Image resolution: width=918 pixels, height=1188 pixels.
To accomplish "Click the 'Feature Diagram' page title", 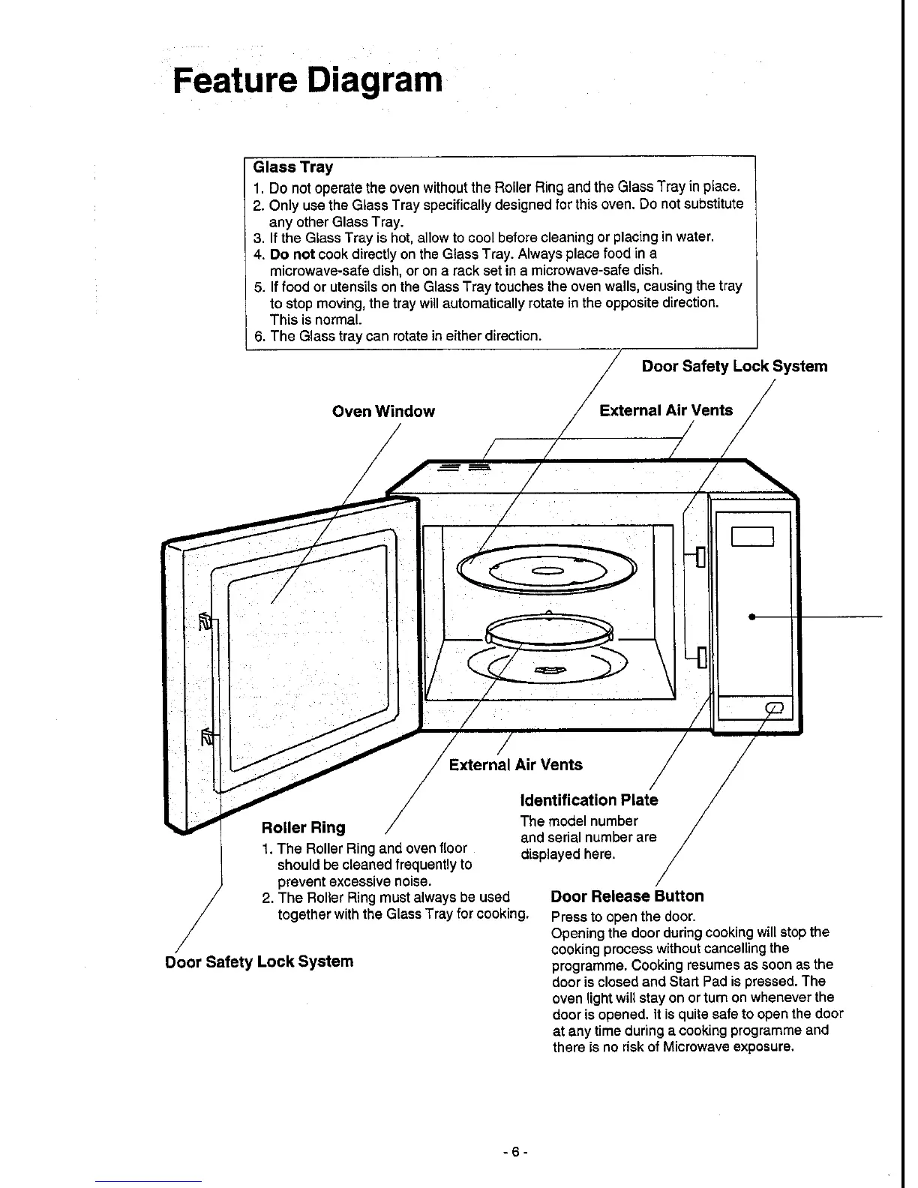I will coord(307,79).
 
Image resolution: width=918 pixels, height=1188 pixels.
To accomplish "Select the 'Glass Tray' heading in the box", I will coord(293,166).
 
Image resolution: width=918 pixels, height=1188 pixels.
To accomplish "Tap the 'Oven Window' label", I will coord(383,411).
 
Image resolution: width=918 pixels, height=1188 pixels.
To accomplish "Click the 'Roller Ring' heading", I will coord(303,828).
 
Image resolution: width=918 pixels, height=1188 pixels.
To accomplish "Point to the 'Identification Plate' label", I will coord(589,800).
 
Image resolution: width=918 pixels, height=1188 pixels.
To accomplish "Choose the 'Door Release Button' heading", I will coord(627,896).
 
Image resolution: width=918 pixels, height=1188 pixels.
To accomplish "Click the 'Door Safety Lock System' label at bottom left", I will coord(259,961).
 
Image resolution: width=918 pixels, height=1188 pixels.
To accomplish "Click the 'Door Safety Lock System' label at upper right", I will coord(734,366).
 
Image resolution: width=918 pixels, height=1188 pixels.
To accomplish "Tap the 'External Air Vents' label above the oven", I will coord(666,410).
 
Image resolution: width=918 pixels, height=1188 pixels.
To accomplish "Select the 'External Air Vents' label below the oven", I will coord(515,765).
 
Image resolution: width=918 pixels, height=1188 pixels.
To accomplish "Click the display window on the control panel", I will coord(752,536).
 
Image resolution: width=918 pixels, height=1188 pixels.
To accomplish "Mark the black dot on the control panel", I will coord(751,616).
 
